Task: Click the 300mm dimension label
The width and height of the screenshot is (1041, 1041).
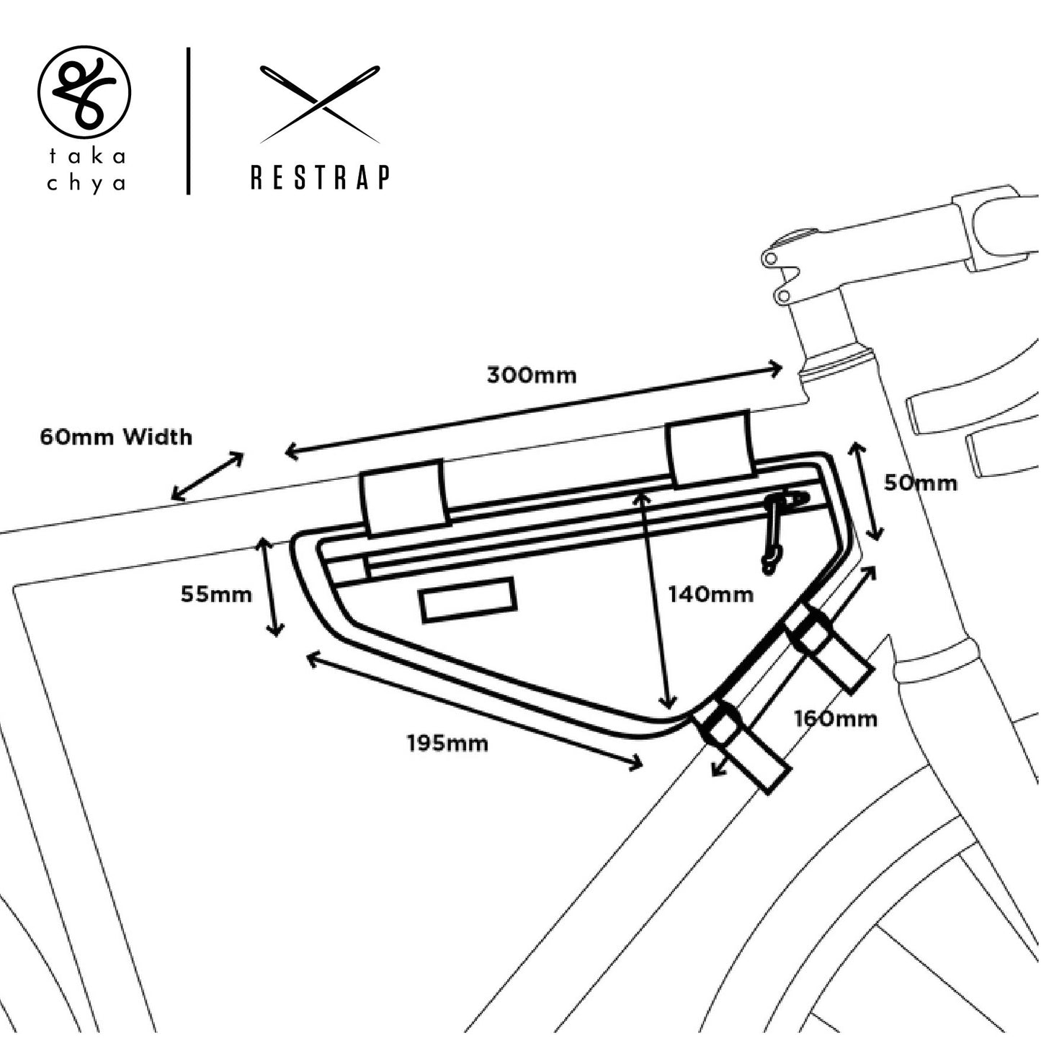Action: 531,375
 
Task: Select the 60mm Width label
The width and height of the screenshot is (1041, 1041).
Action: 116,437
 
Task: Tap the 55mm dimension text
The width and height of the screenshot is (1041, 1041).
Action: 216,594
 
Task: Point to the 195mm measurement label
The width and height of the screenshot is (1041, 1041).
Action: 447,743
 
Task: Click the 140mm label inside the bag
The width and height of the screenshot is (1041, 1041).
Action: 710,594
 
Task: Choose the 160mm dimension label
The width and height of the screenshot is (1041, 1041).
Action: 836,718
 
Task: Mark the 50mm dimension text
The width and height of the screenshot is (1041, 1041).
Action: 921,483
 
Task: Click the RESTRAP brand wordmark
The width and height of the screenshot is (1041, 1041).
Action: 321,177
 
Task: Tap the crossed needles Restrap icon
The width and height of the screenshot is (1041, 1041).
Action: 320,104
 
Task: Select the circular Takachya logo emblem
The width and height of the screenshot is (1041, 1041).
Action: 84,91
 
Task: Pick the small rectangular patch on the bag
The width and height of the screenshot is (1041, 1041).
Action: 469,599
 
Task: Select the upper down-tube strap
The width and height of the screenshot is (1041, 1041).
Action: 828,648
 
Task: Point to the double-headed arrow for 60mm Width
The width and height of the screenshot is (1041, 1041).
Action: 207,476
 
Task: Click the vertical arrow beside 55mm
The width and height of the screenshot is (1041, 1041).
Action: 271,587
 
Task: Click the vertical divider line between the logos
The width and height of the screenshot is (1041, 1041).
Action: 188,121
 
